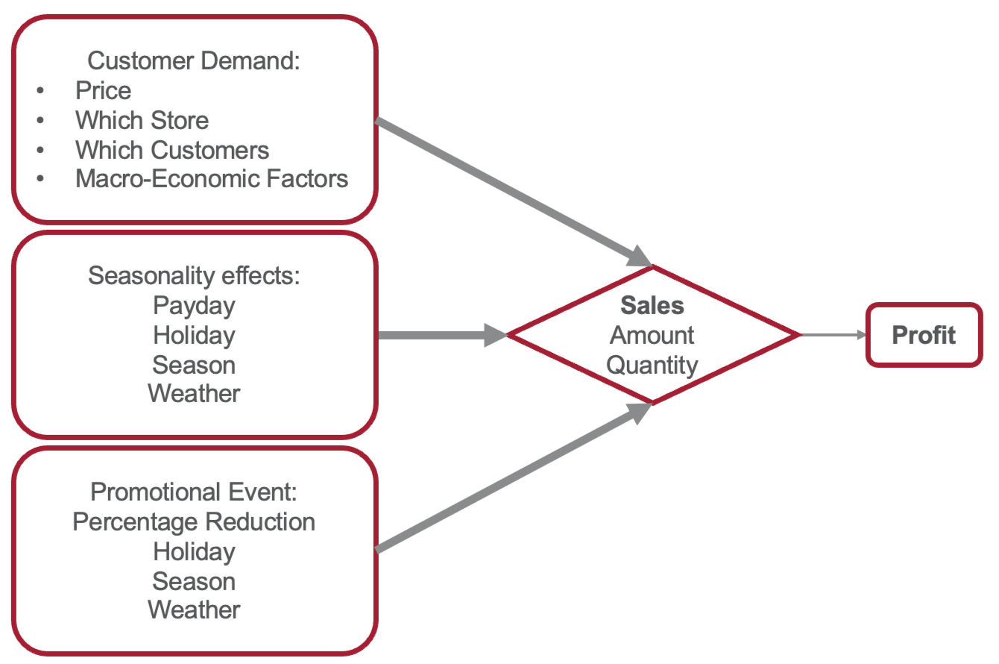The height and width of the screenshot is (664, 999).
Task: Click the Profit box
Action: pyautogui.click(x=924, y=335)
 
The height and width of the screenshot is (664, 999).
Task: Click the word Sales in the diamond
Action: pyautogui.click(x=652, y=305)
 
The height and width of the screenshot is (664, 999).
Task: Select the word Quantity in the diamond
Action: pyautogui.click(x=652, y=365)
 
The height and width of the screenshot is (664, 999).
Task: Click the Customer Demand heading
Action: pyautogui.click(x=193, y=60)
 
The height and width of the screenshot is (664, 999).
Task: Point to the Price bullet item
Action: pyautogui.click(x=103, y=90)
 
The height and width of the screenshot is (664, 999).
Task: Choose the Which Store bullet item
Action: pyautogui.click(x=142, y=119)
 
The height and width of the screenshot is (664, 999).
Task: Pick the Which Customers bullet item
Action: pyautogui.click(x=171, y=149)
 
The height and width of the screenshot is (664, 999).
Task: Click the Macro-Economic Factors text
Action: pyautogui.click(x=211, y=179)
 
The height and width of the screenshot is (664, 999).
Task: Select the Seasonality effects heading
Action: pyautogui.click(x=194, y=275)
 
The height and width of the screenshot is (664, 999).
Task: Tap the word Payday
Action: pyautogui.click(x=194, y=305)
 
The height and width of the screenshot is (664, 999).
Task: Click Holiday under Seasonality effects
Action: pyautogui.click(x=194, y=335)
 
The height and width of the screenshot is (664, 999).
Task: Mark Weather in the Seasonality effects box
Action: pyautogui.click(x=194, y=393)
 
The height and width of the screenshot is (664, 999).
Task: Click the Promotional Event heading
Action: pyautogui.click(x=194, y=492)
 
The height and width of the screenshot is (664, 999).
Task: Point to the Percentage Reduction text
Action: pyautogui.click(x=194, y=522)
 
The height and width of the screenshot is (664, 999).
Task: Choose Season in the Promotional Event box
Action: pyautogui.click(x=194, y=580)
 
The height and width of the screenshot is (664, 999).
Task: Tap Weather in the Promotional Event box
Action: pyautogui.click(x=194, y=610)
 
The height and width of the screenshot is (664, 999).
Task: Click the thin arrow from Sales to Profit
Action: pyautogui.click(x=831, y=335)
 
